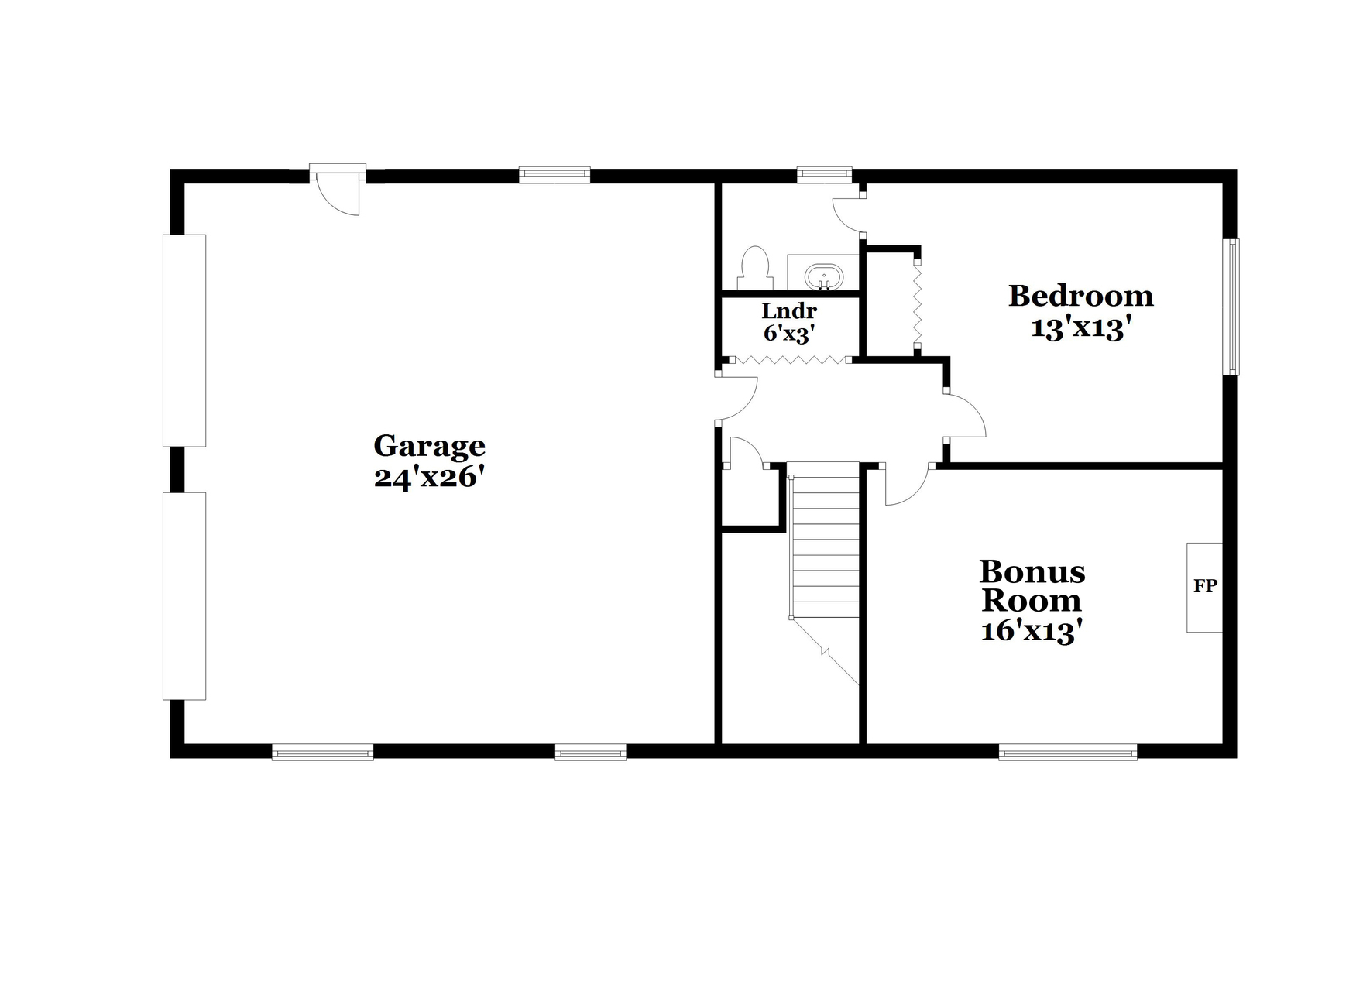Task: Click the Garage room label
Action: coord(429,446)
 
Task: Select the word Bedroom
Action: coord(1080,296)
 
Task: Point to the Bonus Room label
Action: coord(1032,586)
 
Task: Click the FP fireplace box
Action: coord(1204,587)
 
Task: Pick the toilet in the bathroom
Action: coord(754,268)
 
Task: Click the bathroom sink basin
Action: coord(824,276)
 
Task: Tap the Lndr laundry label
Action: coord(788,311)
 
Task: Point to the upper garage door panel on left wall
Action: coord(184,341)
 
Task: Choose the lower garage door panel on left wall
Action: coord(184,596)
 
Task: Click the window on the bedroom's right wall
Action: coord(1231,307)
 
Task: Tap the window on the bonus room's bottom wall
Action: coord(1067,752)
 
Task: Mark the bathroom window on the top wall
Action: coord(824,175)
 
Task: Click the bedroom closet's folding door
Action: coord(918,306)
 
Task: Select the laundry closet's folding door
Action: coord(789,360)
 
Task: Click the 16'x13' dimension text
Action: coord(1031,632)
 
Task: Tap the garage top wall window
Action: coord(554,175)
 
